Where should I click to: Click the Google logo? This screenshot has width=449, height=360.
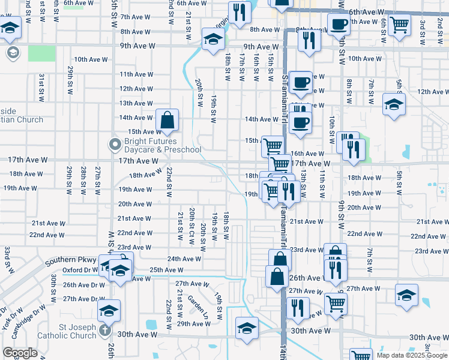pos(20,353)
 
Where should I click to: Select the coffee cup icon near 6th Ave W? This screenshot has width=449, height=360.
pos(339,25)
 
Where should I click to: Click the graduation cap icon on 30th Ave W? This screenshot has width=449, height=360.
pos(246,328)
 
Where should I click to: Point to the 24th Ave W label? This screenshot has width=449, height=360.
pos(184,259)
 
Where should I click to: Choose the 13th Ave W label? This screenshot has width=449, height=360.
pos(136,103)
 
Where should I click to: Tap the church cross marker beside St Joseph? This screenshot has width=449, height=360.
pos(105,330)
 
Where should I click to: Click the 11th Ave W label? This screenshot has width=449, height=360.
pos(136,74)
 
